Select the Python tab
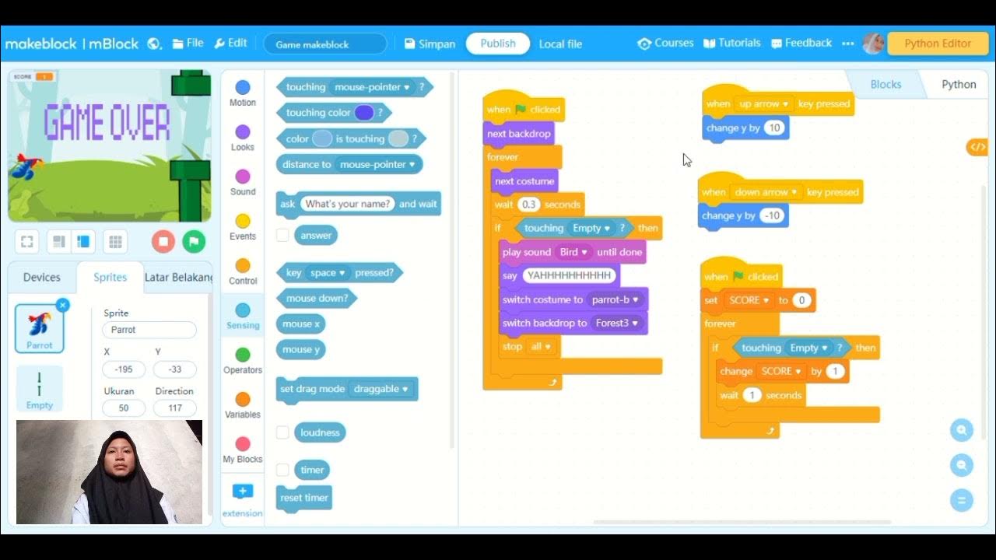[958, 84]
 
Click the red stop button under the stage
[163, 241]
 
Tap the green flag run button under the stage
[194, 241]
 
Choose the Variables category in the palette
[243, 404]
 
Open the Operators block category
[243, 360]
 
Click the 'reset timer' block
[304, 498]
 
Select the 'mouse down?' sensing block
[316, 298]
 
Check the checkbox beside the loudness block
[282, 432]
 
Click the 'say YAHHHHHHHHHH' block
[509, 276]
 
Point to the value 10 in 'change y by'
[773, 128]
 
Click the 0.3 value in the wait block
[529, 205]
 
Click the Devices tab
[42, 277]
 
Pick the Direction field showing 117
[174, 408]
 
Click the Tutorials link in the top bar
[732, 44]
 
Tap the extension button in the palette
[243, 499]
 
